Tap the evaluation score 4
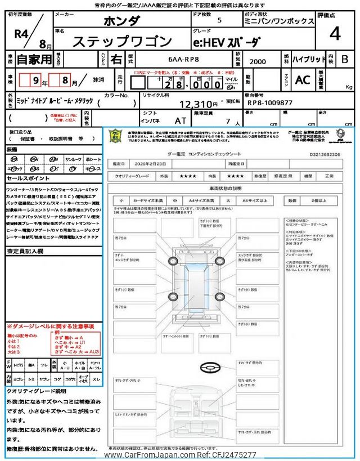pos(335,34)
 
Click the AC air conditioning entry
pos(303,80)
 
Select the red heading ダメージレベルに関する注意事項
pos(50,326)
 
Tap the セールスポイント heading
pos(29,178)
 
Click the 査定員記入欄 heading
pos(26,252)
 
